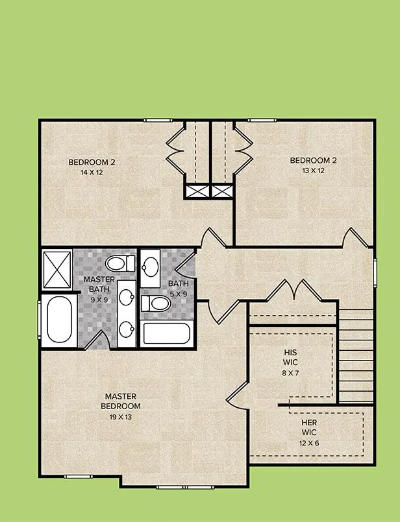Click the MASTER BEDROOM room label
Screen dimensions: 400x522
click(x=121, y=401)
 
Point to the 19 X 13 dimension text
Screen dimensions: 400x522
click(x=121, y=417)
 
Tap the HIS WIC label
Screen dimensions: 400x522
click(x=290, y=357)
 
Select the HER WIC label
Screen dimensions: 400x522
click(x=309, y=427)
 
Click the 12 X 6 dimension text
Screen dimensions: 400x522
click(x=309, y=443)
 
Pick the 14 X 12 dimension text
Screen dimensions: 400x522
click(x=92, y=172)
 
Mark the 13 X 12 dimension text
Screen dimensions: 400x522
click(x=314, y=171)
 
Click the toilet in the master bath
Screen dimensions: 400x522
click(x=120, y=263)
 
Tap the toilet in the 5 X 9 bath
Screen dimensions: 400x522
click(x=156, y=303)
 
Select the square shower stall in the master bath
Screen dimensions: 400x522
click(x=57, y=270)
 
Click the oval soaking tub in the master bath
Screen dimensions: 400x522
click(x=60, y=320)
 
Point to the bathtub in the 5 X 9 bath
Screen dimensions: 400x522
click(x=167, y=333)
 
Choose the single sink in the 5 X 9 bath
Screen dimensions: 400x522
click(x=151, y=267)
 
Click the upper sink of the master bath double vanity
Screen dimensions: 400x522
click(x=127, y=296)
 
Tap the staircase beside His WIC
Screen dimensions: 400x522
click(x=356, y=355)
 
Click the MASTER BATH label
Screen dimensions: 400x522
click(x=99, y=284)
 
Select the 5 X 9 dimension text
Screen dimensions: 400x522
click(x=179, y=294)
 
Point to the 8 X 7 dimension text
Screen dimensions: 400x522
click(x=290, y=373)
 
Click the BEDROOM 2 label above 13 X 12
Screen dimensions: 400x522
click(x=314, y=160)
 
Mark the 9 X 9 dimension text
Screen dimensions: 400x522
click(x=99, y=300)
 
